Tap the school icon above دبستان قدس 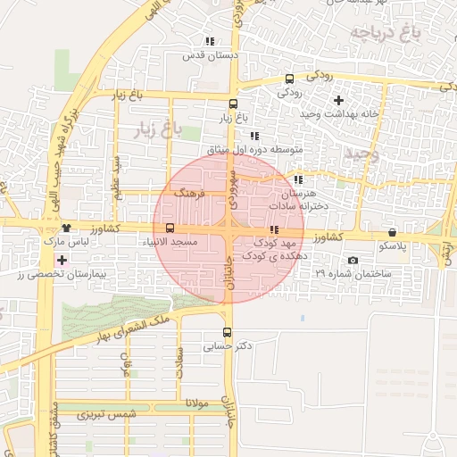[210, 41]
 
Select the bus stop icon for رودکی [289, 79]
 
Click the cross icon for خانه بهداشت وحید [338, 99]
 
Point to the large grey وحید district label [361, 154]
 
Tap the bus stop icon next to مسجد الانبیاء [170, 228]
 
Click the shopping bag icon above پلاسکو [393, 232]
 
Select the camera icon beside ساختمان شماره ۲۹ [353, 261]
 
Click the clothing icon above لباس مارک [66, 228]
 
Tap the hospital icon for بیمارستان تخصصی [61, 260]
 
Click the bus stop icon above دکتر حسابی [226, 332]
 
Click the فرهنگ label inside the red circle [191, 193]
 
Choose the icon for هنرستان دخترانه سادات [298, 179]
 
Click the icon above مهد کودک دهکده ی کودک [273, 230]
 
